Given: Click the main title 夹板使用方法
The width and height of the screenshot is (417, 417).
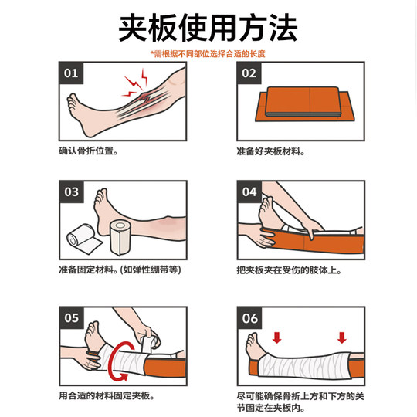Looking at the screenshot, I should (208, 29).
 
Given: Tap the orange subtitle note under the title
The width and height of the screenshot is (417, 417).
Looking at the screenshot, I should (208, 54).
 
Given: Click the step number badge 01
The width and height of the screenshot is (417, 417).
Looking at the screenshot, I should (71, 74).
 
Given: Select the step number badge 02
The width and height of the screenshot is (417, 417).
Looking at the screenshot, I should (249, 74).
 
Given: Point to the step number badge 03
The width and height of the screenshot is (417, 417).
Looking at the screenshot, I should (71, 192).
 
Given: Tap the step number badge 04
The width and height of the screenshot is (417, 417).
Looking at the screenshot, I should (249, 192).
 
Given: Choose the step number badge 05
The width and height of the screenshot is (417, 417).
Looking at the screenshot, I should (71, 317).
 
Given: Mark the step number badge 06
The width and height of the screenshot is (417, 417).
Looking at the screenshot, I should (249, 317).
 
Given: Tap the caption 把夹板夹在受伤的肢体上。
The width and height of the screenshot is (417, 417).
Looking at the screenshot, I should (289, 271).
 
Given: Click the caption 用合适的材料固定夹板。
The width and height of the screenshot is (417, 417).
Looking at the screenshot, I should (107, 396).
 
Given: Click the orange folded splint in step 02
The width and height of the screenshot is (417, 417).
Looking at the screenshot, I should (301, 107).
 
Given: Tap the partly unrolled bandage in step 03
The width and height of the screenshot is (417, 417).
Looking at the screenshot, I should (82, 239).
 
